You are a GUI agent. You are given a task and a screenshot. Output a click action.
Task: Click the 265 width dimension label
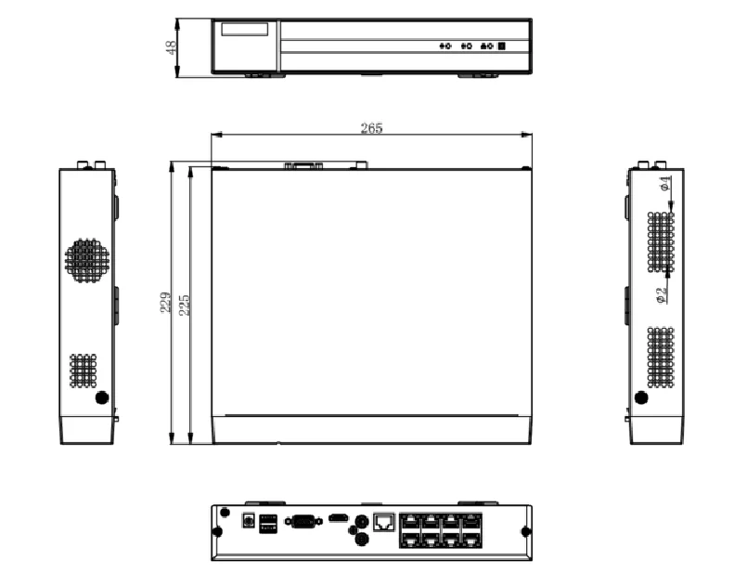371,128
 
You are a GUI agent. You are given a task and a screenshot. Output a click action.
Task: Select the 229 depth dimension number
165,304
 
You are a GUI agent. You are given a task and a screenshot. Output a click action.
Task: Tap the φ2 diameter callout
661,295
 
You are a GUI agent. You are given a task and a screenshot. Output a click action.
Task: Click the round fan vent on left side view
87,261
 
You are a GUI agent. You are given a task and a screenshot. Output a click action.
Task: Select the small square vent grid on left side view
83,371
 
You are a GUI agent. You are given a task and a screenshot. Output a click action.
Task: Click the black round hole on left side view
102,397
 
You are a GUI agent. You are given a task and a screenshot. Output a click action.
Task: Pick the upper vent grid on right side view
661,242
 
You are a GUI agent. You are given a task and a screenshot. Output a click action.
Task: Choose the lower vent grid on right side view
661,357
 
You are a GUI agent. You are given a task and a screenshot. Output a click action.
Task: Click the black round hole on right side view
640,397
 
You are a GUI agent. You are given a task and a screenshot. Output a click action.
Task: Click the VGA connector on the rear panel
302,521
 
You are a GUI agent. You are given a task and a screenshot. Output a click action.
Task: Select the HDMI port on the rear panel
338,516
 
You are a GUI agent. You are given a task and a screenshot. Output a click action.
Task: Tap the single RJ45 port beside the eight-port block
383,521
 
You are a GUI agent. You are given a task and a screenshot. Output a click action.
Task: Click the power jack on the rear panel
248,521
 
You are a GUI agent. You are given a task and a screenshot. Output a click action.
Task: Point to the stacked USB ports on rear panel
267,524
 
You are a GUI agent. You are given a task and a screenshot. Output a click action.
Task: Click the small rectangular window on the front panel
244,29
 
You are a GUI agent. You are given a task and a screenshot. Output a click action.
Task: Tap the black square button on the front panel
502,46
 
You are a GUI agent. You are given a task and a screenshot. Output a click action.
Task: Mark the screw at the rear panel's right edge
525,531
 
